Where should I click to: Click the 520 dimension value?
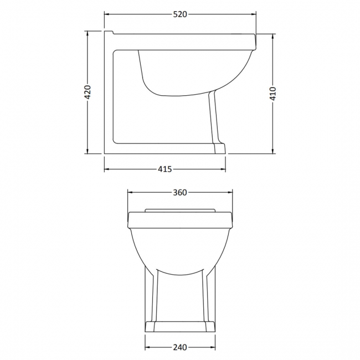[x=180, y=14]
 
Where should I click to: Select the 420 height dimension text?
[x=87, y=92]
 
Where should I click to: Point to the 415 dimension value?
[x=165, y=169]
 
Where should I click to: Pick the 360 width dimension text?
[x=180, y=192]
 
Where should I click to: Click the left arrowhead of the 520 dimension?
[x=107, y=14]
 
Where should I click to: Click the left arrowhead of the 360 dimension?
[x=131, y=192]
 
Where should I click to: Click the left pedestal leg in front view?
[x=151, y=294]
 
